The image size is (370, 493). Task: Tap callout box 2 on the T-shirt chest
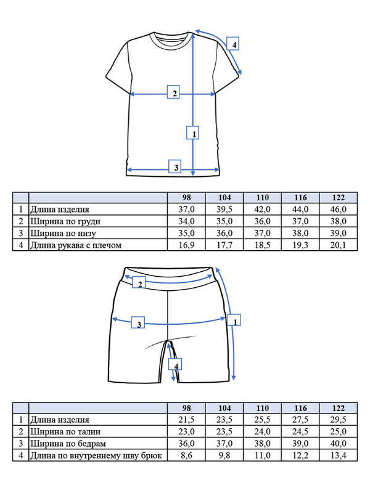175,93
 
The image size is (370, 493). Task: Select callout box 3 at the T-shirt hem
176,167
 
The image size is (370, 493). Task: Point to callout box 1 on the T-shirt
194,132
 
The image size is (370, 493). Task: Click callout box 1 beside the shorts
234,320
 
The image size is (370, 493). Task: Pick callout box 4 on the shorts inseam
177,365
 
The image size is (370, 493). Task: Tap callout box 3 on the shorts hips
139,324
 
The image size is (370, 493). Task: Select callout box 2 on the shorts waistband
140,283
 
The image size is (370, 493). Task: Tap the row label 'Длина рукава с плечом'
76,245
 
